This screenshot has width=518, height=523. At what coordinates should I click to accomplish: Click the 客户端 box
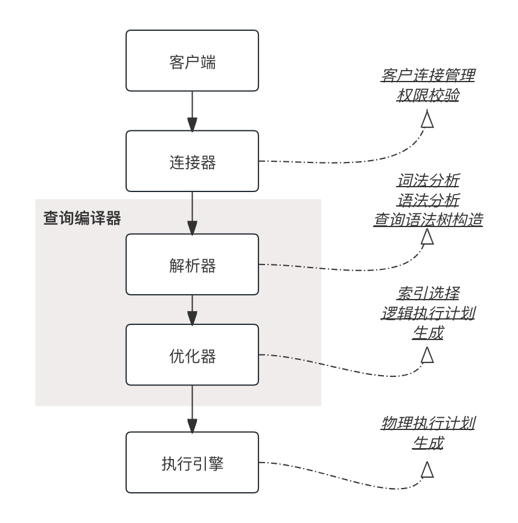(192, 61)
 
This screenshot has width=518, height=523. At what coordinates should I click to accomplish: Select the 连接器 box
(192, 161)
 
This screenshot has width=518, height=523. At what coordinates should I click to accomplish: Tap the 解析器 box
(192, 265)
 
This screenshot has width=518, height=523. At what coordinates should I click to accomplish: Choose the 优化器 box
(192, 355)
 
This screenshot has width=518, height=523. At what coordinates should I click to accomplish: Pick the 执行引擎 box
(192, 463)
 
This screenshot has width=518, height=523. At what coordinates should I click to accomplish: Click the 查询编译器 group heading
(82, 218)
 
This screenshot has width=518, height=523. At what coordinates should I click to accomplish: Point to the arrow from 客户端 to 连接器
(192, 111)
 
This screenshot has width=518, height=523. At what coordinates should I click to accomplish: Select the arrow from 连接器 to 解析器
(192, 213)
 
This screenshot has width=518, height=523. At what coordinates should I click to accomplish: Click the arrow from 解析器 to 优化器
(192, 309)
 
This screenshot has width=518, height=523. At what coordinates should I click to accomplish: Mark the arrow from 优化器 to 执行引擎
(192, 408)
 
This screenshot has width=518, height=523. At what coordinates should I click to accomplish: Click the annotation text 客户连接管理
(427, 75)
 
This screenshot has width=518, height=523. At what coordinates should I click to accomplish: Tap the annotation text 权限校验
(427, 95)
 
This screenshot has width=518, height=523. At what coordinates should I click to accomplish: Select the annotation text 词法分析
(427, 181)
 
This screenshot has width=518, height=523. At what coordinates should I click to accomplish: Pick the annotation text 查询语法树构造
(427, 220)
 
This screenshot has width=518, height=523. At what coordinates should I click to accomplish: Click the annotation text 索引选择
(427, 294)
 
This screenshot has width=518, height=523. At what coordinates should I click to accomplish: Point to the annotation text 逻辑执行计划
(427, 313)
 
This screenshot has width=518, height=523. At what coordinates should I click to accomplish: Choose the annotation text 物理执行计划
(427, 423)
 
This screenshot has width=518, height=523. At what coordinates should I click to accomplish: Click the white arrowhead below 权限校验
(427, 120)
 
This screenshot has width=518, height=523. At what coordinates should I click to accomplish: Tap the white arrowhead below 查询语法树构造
(427, 237)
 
